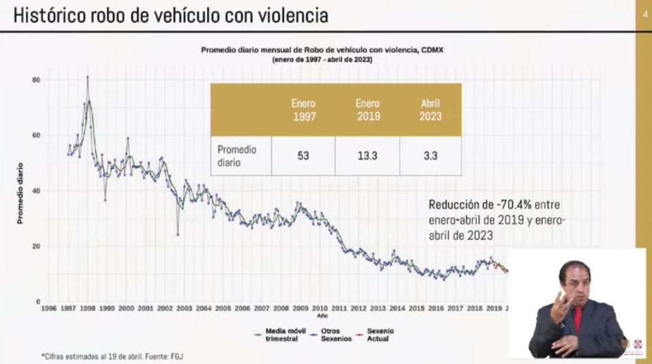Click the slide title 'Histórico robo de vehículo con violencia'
170,15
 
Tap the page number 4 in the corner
644,15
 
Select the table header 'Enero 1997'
303,110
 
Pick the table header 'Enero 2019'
367,110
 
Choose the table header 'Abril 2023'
431,110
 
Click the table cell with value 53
303,155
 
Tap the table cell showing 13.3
367,155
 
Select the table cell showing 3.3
431,155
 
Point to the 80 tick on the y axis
36,80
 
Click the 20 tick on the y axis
36,246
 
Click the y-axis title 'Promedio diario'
20,193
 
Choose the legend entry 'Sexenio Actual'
379,334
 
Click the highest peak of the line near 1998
87,77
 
